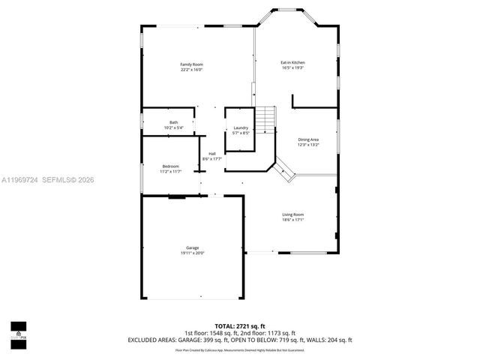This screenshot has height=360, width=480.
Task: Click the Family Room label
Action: [191, 64]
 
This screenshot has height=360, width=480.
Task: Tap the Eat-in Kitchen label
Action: [292, 62]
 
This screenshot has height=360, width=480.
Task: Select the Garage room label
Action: [192, 247]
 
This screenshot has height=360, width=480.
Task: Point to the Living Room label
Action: [292, 214]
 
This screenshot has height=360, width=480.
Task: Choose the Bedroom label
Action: [171, 166]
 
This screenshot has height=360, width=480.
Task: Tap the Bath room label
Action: [173, 122]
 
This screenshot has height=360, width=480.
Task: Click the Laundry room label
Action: [241, 128]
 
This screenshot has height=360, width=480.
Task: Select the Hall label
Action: [212, 154]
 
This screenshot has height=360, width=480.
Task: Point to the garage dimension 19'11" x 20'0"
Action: [192, 253]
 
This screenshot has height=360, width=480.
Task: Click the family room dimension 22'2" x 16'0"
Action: [191, 70]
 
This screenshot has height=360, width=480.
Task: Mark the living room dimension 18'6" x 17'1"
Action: [292, 220]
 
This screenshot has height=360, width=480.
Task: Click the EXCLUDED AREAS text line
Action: [239, 340]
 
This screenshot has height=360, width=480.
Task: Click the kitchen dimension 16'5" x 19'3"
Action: [292, 67]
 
